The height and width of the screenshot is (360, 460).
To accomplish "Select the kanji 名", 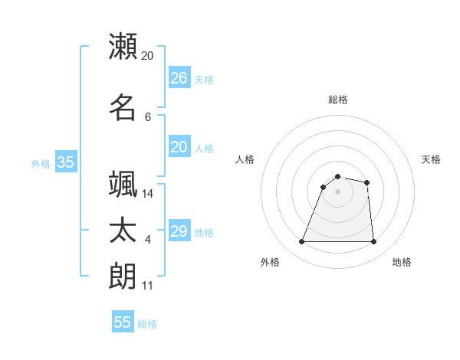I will [123, 107].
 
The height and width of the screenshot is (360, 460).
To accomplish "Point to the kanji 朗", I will [123, 276].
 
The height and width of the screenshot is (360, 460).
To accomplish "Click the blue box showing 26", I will [179, 78].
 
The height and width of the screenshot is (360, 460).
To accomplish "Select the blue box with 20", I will [179, 147].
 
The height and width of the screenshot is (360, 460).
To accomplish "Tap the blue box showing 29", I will [179, 231].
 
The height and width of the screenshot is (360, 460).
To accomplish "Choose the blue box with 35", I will [65, 162].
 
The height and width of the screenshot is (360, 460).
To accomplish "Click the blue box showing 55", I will [123, 322].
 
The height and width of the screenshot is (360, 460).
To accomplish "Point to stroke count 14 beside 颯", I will [148, 194].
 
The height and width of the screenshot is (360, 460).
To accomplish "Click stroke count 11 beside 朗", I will [147, 286].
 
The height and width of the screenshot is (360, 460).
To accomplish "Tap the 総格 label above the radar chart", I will [337, 100].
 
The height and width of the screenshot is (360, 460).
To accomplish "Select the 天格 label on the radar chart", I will [431, 159].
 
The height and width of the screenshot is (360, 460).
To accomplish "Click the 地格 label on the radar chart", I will [402, 262].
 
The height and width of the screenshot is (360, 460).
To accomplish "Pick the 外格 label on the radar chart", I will [270, 262].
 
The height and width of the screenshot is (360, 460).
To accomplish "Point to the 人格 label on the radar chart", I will [245, 159].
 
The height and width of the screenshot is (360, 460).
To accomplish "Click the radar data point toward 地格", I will [373, 242].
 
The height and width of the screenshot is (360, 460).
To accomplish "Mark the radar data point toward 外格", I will [302, 242].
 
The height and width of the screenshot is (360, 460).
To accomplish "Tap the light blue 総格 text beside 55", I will [147, 324].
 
